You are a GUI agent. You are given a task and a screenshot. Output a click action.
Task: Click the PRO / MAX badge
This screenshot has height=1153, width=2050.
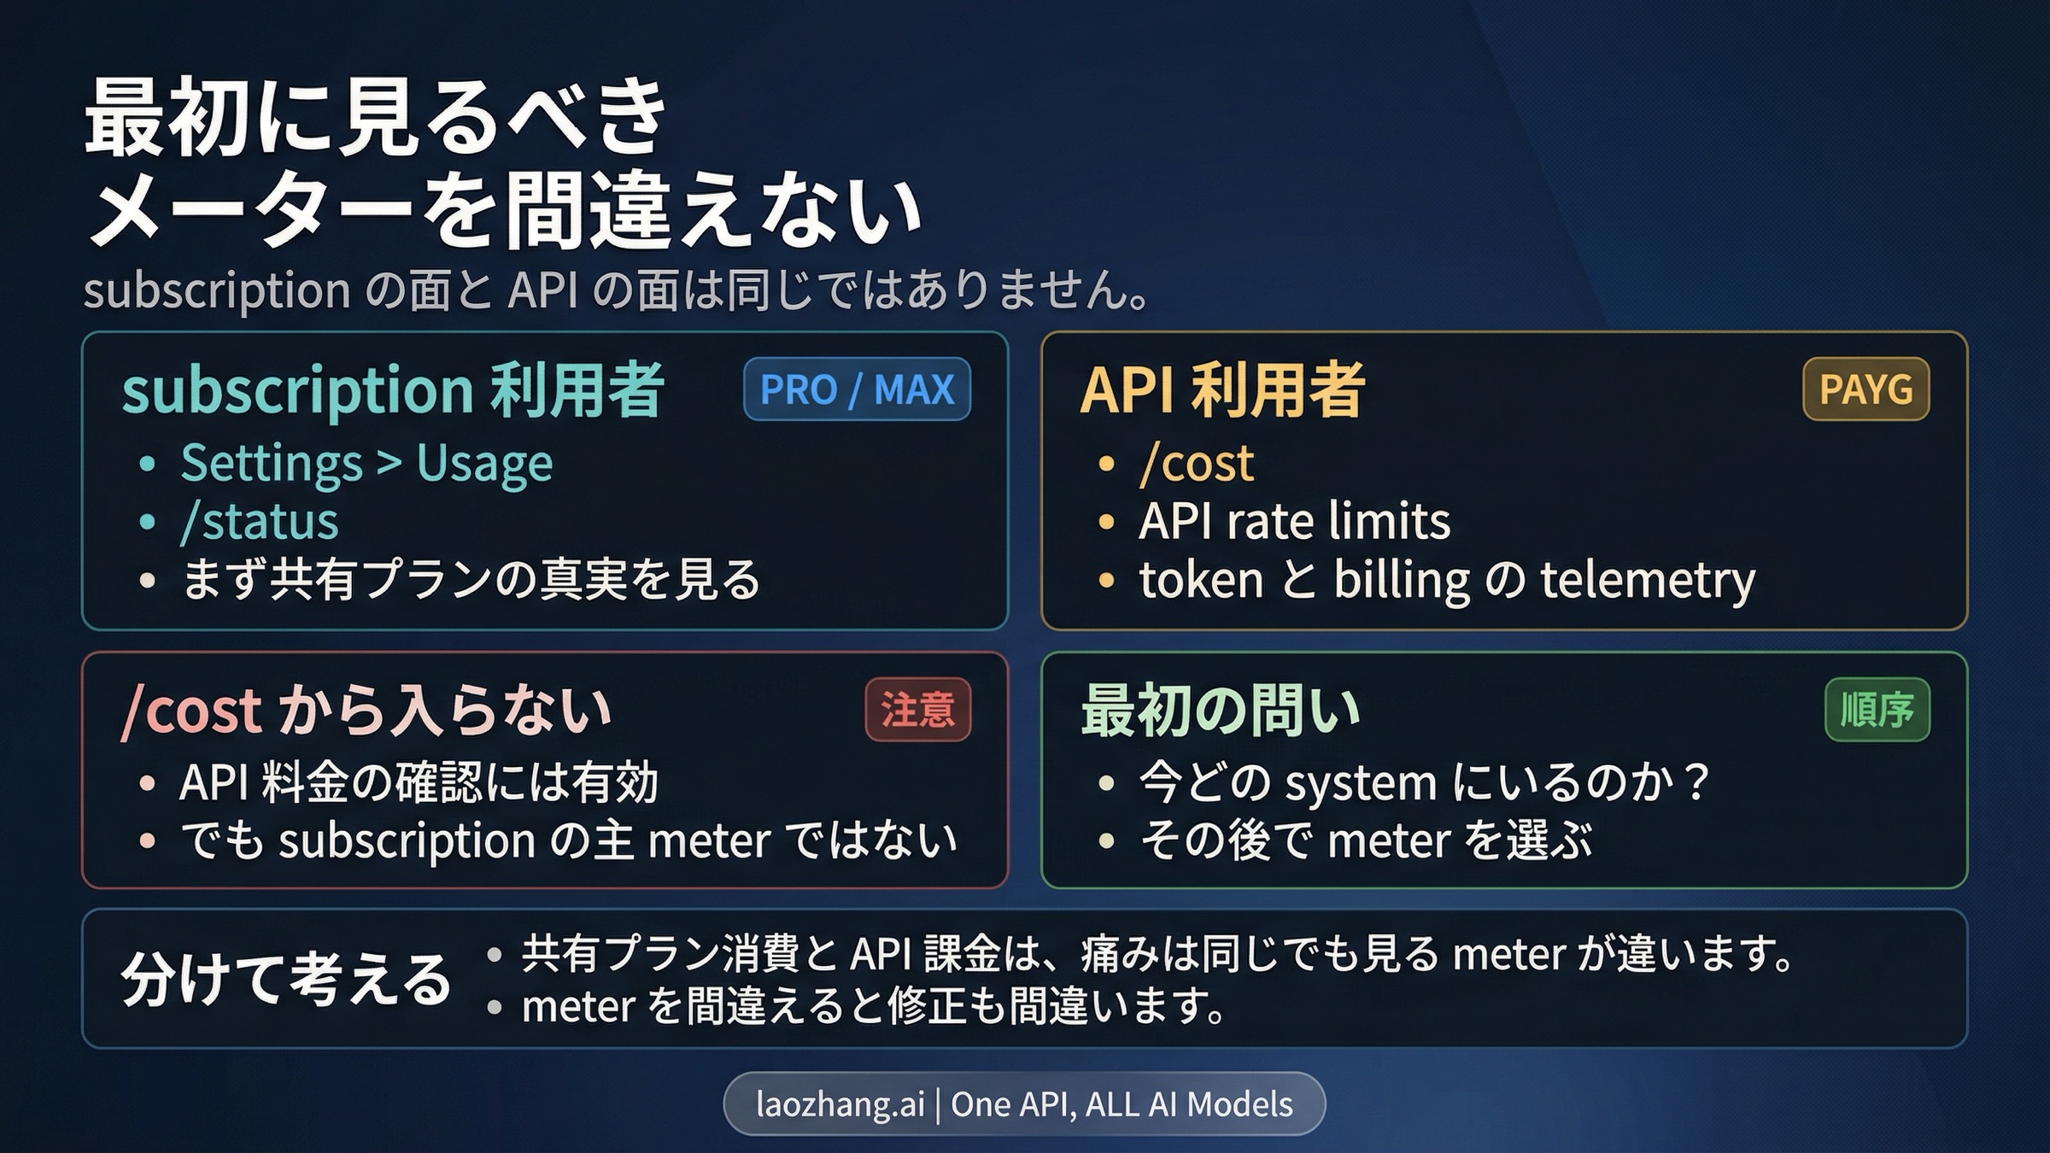point(857,389)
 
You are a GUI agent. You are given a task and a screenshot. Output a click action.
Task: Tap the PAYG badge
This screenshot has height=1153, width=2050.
point(1865,389)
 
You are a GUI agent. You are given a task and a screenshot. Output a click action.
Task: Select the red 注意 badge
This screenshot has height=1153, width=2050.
point(917,710)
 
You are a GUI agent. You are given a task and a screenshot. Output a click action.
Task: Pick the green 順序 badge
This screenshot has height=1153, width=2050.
point(1877,710)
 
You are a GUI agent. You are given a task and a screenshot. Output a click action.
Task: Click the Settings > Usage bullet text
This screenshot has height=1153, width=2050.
point(366,464)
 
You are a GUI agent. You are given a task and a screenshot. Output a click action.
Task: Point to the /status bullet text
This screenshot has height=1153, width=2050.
point(260,522)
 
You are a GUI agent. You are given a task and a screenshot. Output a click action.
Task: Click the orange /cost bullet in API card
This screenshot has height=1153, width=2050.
point(1197,464)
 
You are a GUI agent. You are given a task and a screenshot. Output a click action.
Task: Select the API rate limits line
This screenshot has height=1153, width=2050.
point(1294,522)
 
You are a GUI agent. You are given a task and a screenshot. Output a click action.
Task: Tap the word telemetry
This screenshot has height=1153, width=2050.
point(1648,581)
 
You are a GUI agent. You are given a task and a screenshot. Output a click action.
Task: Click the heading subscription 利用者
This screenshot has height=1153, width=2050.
point(393,390)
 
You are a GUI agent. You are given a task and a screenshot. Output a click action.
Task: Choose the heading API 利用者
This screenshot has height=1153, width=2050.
point(1222,390)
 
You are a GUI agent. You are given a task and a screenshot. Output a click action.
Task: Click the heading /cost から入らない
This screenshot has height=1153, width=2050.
point(366,711)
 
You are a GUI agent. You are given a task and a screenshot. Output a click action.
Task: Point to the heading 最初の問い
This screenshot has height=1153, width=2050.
point(1220,711)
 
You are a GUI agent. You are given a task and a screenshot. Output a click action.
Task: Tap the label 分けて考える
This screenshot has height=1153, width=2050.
point(286,979)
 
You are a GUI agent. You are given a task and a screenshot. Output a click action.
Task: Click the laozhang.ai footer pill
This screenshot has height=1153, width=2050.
point(1024,1103)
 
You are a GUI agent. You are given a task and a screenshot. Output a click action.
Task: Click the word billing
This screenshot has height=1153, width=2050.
point(1401,581)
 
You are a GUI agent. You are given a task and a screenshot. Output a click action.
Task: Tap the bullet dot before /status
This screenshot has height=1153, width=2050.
point(148,522)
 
